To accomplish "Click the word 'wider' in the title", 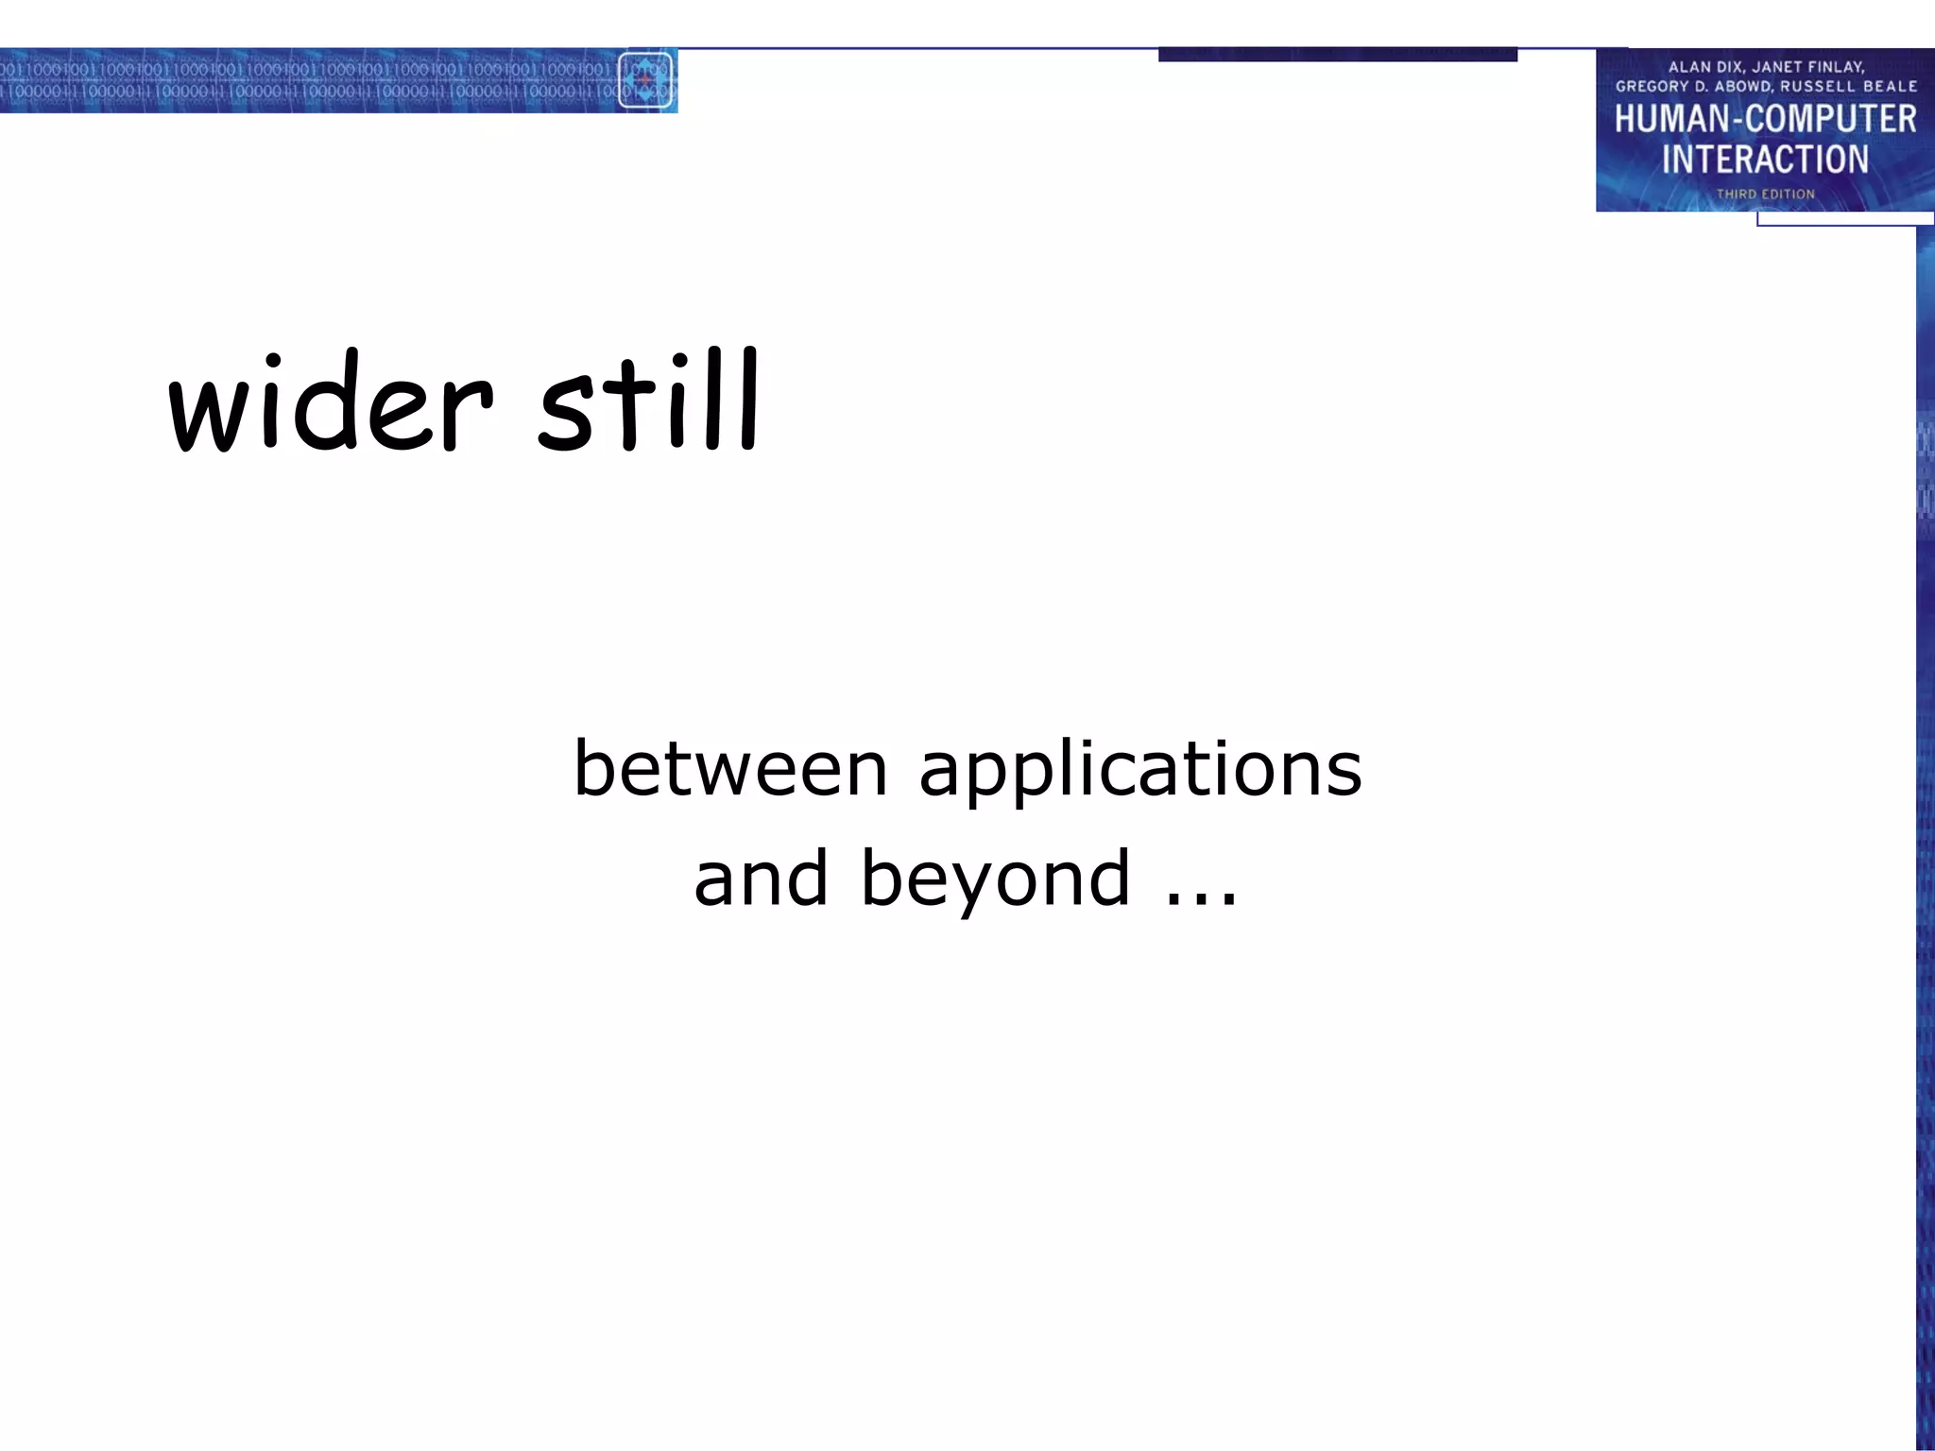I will [x=331, y=404].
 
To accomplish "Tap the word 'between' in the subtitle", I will [x=730, y=769].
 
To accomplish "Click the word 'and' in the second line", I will [x=761, y=879].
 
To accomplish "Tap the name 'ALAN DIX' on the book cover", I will [x=1705, y=67].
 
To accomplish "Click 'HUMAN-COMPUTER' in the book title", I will [x=1765, y=120].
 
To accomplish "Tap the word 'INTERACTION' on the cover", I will [x=1765, y=160].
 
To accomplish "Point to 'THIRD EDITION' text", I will [x=1765, y=194].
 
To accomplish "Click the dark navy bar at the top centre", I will [x=1337, y=55].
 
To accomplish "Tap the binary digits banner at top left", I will [x=302, y=80].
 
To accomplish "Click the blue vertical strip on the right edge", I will [x=1925, y=850].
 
